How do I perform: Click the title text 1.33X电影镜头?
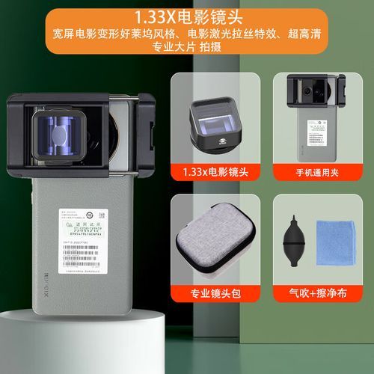tap(187, 16)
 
